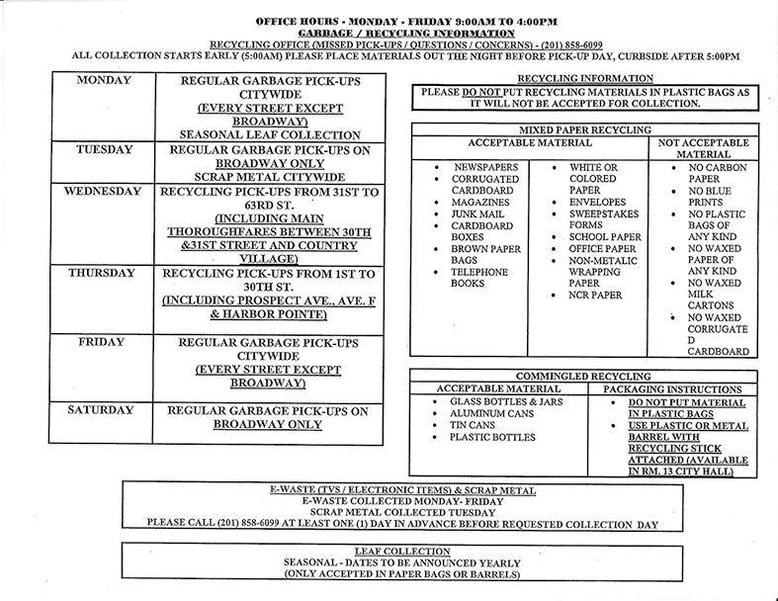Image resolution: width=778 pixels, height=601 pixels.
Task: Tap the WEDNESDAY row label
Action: coord(103,191)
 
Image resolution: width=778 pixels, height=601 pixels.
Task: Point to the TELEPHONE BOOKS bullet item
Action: coord(478,277)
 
